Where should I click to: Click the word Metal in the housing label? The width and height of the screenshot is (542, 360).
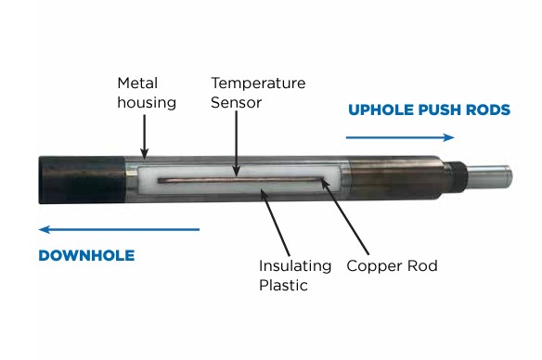pos(137,83)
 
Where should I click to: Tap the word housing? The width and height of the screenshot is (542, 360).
pos(147,103)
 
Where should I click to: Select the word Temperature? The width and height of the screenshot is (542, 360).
pos(258,83)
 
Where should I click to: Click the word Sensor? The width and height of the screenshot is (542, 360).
pos(236,102)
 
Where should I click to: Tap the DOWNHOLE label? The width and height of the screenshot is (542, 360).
pos(86,256)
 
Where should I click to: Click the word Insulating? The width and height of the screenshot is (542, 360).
pos(295,265)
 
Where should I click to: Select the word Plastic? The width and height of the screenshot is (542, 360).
pos(283,286)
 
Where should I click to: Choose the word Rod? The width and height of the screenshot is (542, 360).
pos(423,265)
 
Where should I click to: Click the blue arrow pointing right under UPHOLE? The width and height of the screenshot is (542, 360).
pos(400,137)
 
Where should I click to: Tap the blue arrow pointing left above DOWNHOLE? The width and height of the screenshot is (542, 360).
pos(119,229)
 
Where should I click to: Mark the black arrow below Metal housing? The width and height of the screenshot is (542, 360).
pos(145,137)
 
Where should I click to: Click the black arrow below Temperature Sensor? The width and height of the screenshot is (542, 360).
pos(237,144)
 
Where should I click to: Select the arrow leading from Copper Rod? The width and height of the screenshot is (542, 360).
pos(344,216)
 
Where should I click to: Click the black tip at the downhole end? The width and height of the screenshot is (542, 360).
pos(82,180)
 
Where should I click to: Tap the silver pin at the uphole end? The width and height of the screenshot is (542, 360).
pos(489,176)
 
